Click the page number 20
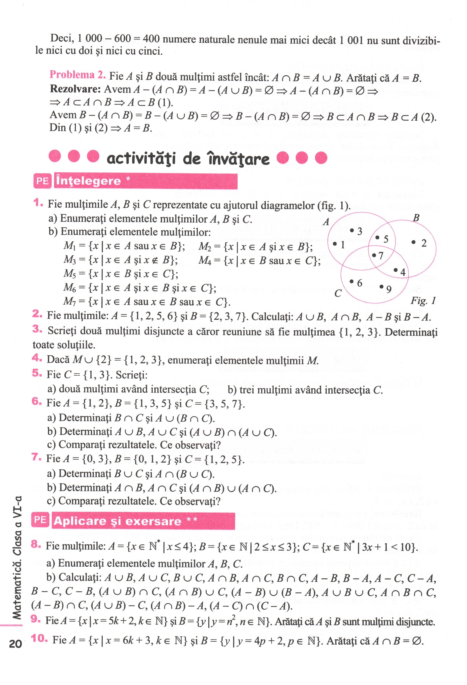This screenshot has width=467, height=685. pyautogui.click(x=15, y=643)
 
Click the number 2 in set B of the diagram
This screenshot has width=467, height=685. pyautogui.click(x=424, y=244)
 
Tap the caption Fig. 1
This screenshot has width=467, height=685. pyautogui.click(x=423, y=301)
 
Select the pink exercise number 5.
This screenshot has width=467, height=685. pyautogui.click(x=37, y=373)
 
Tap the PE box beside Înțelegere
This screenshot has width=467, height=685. pyautogui.click(x=42, y=181)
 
